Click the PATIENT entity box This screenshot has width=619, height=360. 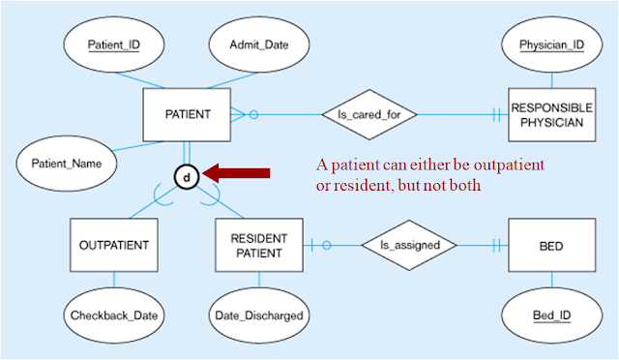188,114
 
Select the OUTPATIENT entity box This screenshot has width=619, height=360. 113,245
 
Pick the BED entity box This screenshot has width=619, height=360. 550,245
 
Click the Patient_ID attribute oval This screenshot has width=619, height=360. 113,45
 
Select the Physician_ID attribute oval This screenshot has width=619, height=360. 550,45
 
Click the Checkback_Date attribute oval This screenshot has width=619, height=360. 113,315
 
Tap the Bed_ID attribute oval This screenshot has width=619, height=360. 550,315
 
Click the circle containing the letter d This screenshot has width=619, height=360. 187,176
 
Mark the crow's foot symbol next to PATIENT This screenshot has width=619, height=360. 241,114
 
